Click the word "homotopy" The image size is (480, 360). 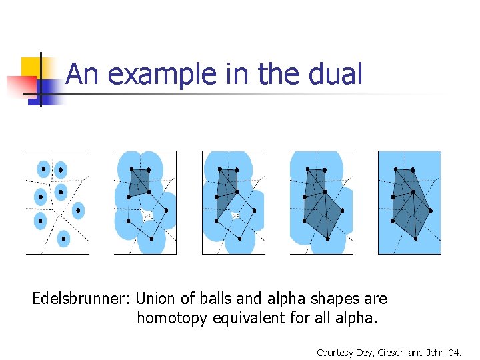(x=173, y=319)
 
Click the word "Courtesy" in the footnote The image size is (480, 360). (x=335, y=352)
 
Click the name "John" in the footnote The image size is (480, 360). (x=441, y=352)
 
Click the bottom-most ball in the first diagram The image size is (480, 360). (x=63, y=237)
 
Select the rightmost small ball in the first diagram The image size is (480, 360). (x=78, y=211)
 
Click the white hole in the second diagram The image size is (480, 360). (x=147, y=215)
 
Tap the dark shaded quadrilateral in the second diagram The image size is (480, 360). (x=139, y=181)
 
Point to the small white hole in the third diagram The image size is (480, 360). (x=235, y=215)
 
